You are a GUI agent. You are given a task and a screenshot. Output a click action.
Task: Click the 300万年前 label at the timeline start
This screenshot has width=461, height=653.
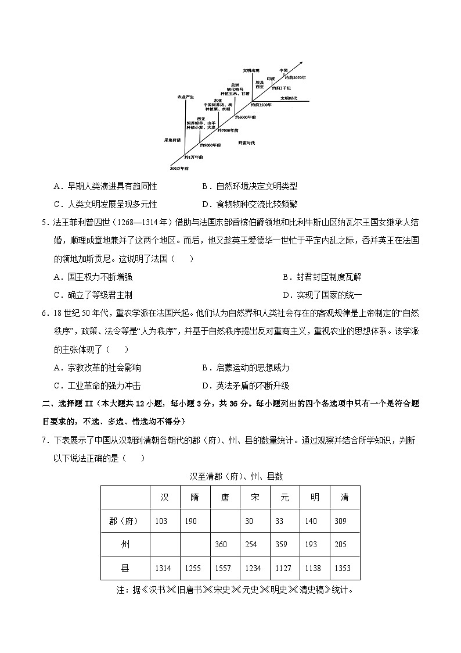coord(179,168)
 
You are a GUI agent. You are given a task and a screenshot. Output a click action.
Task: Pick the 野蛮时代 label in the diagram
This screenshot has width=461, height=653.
coord(247,142)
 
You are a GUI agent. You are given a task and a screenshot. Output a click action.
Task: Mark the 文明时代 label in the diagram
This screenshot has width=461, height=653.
coord(289,98)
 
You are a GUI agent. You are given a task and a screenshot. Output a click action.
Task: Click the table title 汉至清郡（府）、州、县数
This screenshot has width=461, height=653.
coord(236,476)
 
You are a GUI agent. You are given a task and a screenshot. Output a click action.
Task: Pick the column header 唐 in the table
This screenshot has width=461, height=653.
coord(224,498)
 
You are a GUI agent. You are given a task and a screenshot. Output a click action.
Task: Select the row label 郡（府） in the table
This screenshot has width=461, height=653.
coord(125,521)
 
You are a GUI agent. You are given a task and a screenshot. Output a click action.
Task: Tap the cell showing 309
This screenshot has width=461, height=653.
coord(341,521)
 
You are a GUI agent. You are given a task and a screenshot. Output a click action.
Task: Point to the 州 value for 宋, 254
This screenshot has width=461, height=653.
coord(251,544)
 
